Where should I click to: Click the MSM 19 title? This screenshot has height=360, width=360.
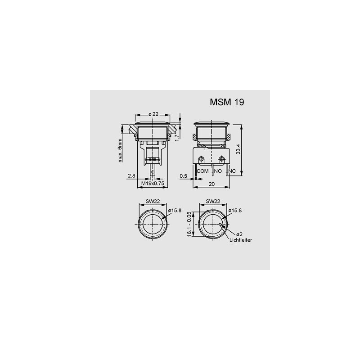click(227, 102)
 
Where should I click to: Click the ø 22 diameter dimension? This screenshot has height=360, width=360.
click(153, 114)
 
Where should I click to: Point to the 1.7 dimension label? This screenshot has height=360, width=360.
click(176, 138)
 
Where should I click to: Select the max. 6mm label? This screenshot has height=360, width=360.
click(120, 150)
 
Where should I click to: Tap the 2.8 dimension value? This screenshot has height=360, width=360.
click(131, 176)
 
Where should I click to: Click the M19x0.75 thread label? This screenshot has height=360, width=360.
click(153, 183)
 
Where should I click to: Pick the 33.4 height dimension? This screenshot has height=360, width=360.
click(238, 149)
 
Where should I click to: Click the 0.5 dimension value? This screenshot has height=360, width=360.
click(183, 176)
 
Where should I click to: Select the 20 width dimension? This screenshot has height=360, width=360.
click(211, 184)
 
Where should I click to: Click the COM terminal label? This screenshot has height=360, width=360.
click(203, 171)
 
